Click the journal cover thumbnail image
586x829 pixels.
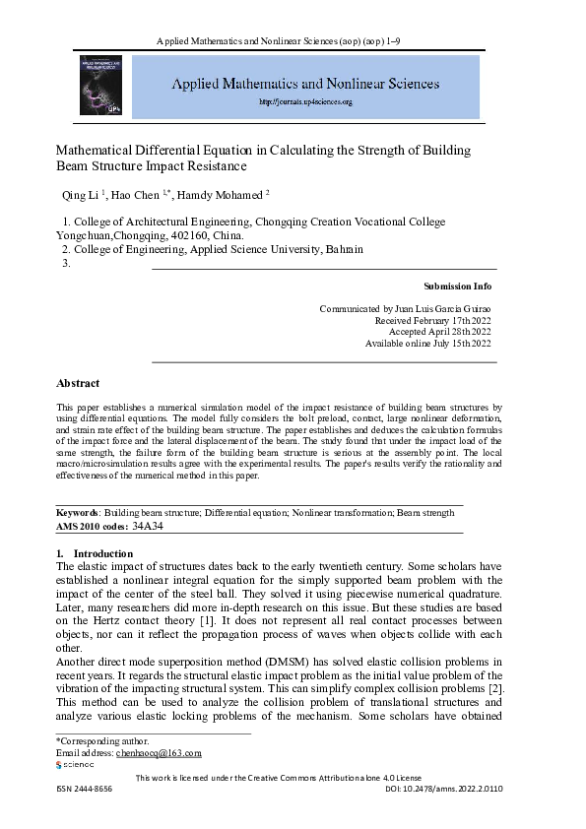click(99, 88)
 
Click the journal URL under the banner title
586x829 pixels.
click(305, 101)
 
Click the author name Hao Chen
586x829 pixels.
click(142, 194)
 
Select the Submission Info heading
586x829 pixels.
click(456, 287)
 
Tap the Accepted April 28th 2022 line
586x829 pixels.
click(438, 332)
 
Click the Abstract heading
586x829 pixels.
click(78, 383)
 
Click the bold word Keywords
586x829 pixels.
click(78, 513)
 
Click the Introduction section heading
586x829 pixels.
click(96, 554)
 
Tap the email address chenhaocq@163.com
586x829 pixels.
click(159, 752)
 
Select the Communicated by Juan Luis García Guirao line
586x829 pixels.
click(405, 308)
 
